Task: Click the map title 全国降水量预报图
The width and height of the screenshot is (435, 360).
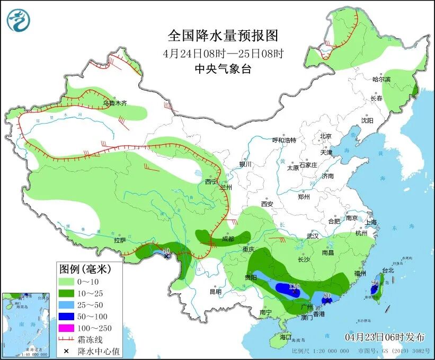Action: coord(223,36)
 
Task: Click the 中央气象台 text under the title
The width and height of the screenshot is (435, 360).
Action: coord(223,68)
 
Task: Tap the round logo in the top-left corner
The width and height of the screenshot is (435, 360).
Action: coord(19,21)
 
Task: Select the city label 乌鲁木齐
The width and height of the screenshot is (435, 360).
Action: coord(115,103)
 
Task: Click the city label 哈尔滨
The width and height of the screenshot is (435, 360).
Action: coord(381,80)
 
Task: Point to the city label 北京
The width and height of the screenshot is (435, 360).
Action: coord(325,136)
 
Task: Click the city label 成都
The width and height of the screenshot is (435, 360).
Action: coord(228,239)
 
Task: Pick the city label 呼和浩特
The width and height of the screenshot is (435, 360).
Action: coord(284,140)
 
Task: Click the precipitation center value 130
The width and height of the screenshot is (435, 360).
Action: coord(294,286)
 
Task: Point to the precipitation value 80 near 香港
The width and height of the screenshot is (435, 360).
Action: coord(327,295)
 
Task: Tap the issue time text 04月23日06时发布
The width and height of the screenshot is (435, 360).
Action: coord(385,337)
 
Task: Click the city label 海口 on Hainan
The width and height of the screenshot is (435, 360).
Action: coord(286,337)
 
